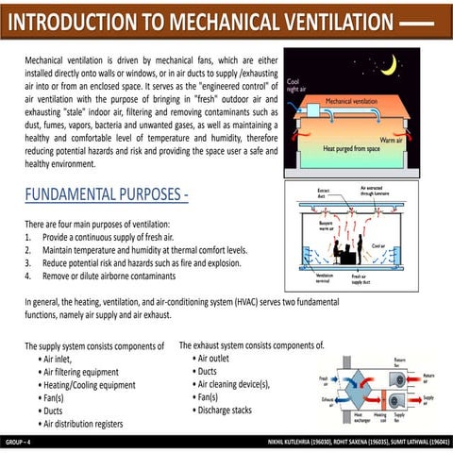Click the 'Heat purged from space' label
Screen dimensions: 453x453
tap(351, 148)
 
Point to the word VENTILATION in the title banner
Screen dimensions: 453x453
tap(322, 21)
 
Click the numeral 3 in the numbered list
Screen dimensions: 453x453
tap(28, 264)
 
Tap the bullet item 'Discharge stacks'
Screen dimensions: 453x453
tap(222, 410)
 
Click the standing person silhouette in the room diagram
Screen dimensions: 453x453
tap(361, 249)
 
